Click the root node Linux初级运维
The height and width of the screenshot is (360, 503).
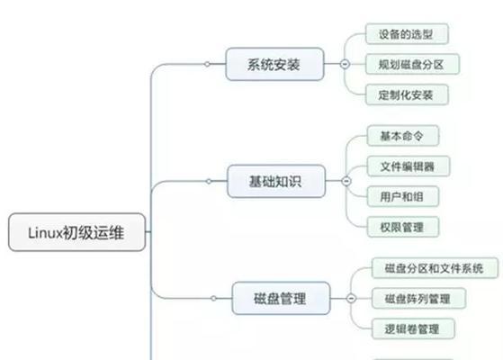77,232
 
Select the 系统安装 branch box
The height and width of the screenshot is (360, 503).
274,64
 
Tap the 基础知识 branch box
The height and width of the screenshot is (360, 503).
276,181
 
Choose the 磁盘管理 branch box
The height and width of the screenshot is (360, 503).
281,299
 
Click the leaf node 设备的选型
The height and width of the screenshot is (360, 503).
407,34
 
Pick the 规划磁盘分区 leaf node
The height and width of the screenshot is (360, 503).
412,64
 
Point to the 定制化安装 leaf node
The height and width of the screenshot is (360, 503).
407,94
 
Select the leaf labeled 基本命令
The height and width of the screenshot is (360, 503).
403,136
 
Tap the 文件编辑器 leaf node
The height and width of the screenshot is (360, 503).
409,166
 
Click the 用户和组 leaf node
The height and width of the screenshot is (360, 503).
403,196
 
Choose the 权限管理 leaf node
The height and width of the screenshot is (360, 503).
403,227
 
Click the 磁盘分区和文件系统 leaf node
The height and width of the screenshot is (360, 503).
435,268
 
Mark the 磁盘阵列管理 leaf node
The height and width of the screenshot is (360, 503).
418,299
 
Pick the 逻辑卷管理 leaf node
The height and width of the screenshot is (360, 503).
413,328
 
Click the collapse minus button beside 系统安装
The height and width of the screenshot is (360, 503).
345,64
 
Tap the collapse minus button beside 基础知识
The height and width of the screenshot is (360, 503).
346,181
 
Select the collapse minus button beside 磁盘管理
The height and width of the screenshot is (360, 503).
351,299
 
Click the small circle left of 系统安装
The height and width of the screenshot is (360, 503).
207,64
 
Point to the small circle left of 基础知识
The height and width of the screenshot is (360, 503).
209,181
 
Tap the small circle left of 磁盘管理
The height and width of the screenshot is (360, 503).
213,299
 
